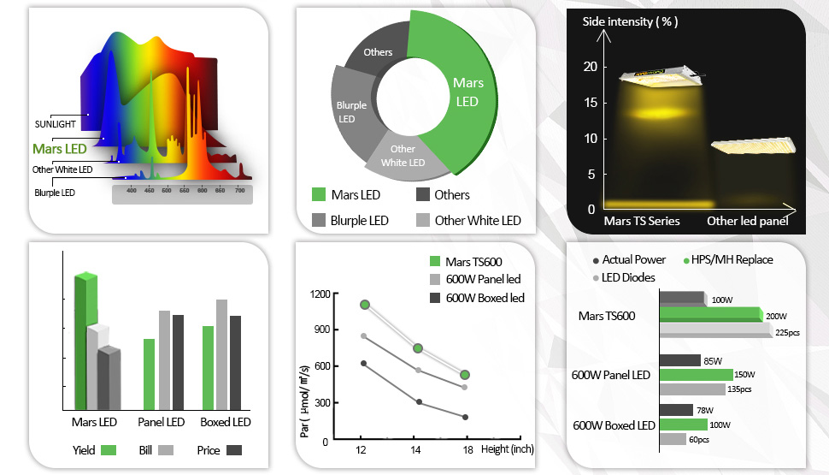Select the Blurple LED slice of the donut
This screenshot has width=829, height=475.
coord(351,112)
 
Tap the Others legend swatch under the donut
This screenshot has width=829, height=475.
coord(422,194)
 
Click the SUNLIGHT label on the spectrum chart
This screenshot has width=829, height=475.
coord(55,124)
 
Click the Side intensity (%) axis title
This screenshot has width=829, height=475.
coord(630,21)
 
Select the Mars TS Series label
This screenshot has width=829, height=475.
coord(642,221)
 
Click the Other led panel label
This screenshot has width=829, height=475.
coord(747,221)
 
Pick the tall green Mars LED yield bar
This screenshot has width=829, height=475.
coord(85,342)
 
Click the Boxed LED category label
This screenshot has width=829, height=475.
coord(225,423)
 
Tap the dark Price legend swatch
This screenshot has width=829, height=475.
coord(234,450)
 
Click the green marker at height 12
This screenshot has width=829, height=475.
coord(365,305)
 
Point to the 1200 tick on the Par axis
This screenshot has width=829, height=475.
coord(320,294)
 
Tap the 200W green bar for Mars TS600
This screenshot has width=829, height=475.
coord(710,314)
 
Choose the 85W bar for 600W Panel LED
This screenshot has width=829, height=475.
coord(679,360)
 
